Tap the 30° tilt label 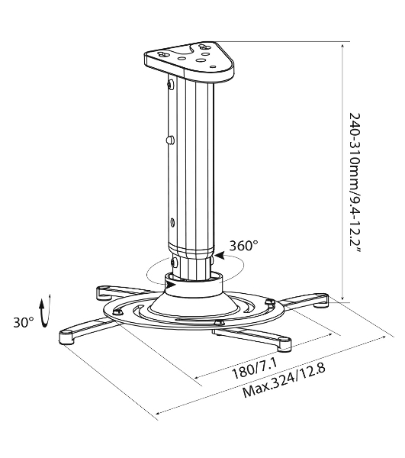pyautogui.click(x=24, y=322)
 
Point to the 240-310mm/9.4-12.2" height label pyautogui.click(x=355, y=184)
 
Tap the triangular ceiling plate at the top pyautogui.click(x=190, y=60)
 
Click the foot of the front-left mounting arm pyautogui.click(x=66, y=337)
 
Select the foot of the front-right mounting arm pyautogui.click(x=284, y=344)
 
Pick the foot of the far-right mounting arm pyautogui.click(x=322, y=301)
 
